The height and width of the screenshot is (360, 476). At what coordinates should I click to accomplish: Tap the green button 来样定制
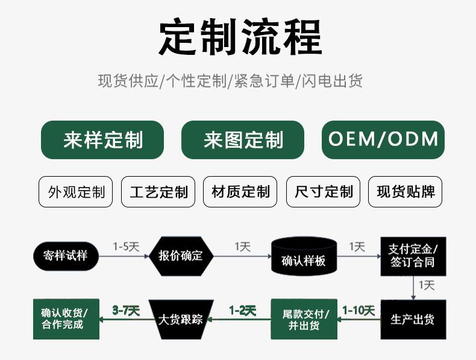pyautogui.click(x=102, y=140)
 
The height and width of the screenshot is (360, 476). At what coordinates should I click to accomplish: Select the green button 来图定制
pyautogui.click(x=243, y=140)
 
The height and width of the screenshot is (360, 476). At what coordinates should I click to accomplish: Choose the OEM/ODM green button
pyautogui.click(x=383, y=139)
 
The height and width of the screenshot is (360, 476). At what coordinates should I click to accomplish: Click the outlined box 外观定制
pyautogui.click(x=76, y=192)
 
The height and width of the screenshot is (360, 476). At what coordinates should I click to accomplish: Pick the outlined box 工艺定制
pyautogui.click(x=158, y=192)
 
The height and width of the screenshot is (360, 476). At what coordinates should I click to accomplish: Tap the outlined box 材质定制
pyautogui.click(x=240, y=192)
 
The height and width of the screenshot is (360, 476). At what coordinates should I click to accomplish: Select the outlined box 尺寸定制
pyautogui.click(x=323, y=192)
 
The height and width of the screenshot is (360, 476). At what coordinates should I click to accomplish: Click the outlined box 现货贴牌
pyautogui.click(x=405, y=192)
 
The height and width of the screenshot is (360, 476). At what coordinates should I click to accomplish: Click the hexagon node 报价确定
pyautogui.click(x=180, y=256)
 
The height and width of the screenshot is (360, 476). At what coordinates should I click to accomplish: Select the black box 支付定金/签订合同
pyautogui.click(x=413, y=256)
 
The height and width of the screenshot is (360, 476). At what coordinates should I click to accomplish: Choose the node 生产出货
pyautogui.click(x=413, y=319)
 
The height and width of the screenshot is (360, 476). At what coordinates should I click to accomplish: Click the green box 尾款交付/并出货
pyautogui.click(x=304, y=319)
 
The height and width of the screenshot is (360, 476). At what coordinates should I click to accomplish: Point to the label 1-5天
pyautogui.click(x=126, y=247)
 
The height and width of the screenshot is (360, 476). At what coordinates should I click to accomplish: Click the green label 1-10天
pyautogui.click(x=359, y=311)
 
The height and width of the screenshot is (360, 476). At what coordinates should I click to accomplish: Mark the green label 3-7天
pyautogui.click(x=126, y=311)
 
